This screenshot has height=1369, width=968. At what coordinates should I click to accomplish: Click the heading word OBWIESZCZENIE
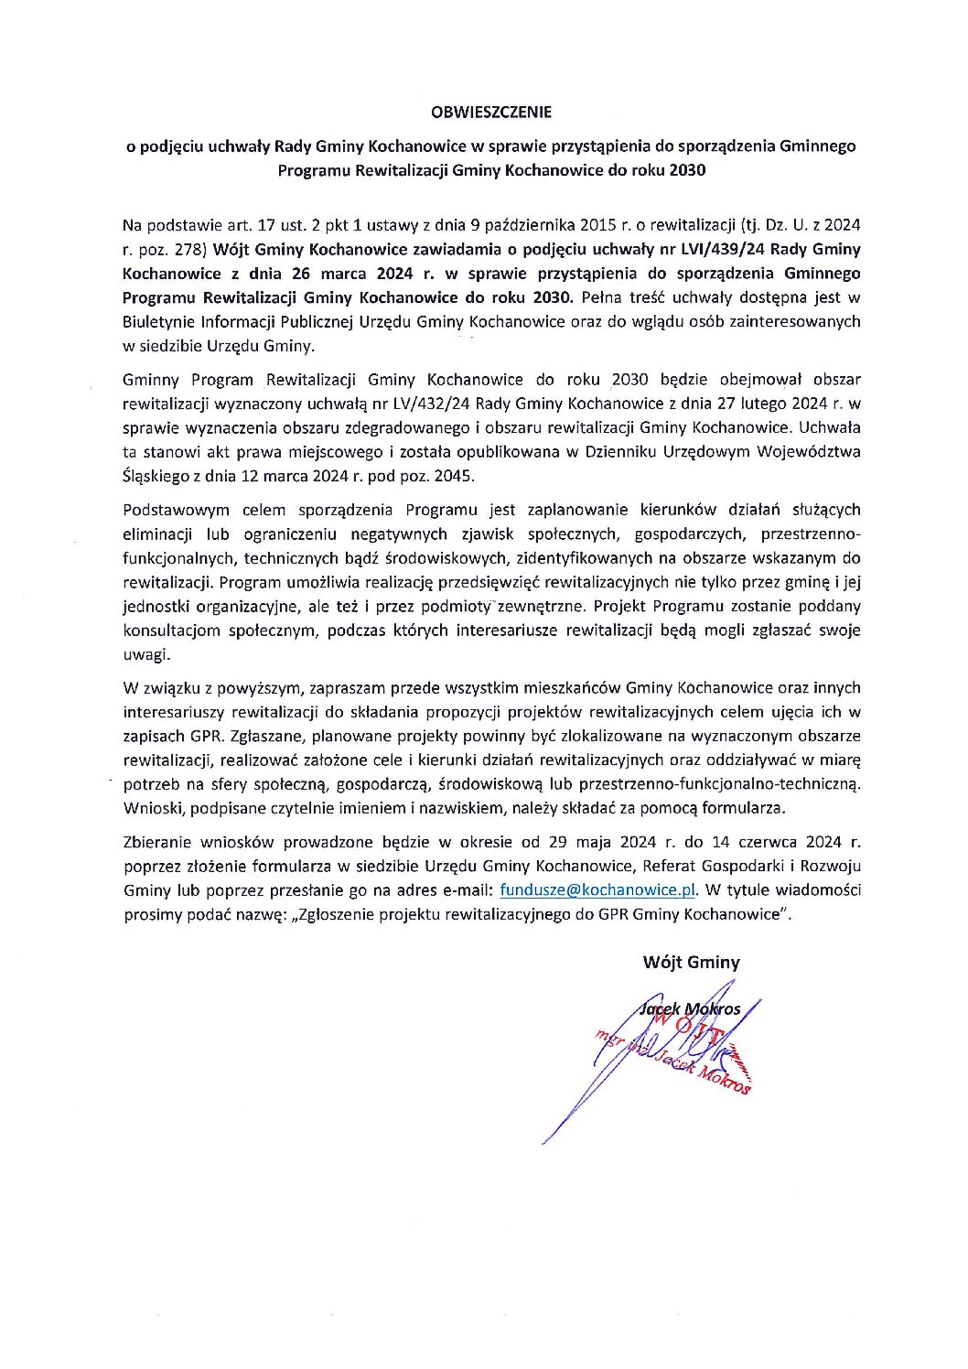[492, 113]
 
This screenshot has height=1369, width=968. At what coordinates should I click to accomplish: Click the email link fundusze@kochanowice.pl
[598, 890]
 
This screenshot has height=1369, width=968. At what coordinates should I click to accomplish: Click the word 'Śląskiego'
[156, 476]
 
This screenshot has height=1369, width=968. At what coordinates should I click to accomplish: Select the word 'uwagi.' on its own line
[146, 654]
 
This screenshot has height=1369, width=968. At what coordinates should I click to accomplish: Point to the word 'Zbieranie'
[156, 842]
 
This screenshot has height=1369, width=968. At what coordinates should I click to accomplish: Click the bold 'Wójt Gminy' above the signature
[691, 962]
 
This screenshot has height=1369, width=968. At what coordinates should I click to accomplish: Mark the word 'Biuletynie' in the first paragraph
[158, 322]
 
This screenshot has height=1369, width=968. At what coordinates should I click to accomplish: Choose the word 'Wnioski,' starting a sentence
[153, 808]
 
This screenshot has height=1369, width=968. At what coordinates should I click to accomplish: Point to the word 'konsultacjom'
[168, 631]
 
